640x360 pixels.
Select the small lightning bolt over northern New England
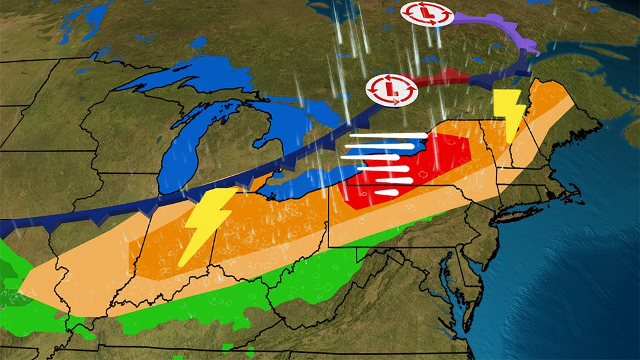[509, 115]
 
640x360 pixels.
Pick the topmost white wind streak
[385, 137]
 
